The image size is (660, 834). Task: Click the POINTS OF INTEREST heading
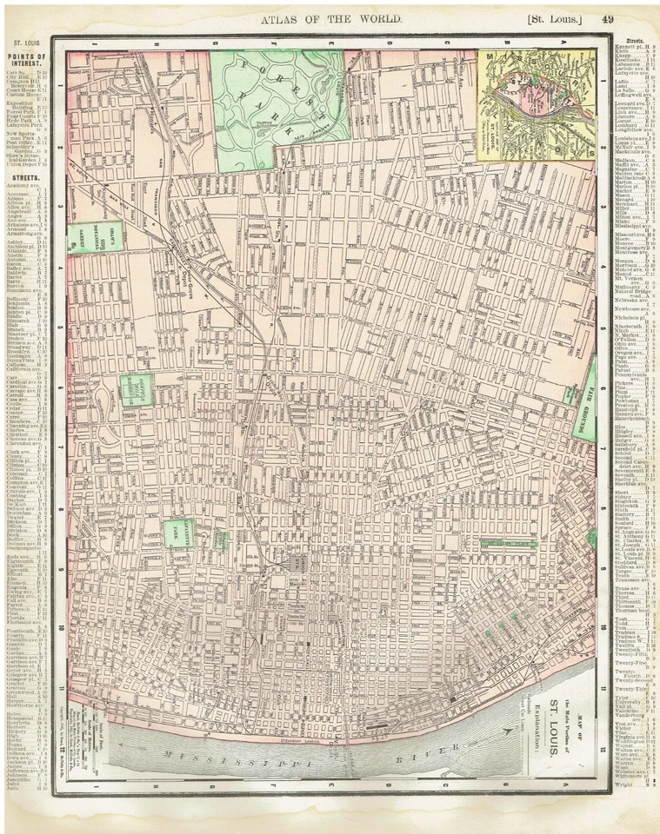click(27, 63)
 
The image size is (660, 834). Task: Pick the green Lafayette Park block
click(179, 533)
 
